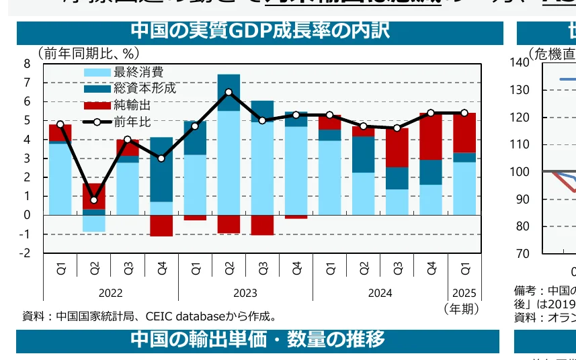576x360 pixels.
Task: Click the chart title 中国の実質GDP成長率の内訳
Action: pos(259,32)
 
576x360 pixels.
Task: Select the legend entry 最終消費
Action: pos(138,73)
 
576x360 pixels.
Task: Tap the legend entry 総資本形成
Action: pos(145,89)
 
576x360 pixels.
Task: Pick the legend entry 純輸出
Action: pos(132,105)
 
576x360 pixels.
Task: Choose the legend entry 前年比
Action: pos(132,122)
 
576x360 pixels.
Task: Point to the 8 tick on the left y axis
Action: pos(27,64)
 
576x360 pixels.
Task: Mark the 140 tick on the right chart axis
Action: pos(520,62)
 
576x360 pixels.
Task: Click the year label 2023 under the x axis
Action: pos(245,294)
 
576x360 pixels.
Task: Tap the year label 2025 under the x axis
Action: pos(464,294)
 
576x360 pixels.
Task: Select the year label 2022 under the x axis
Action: pos(110,294)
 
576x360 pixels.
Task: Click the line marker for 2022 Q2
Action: pos(94,200)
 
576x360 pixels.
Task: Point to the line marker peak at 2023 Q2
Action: pos(229,92)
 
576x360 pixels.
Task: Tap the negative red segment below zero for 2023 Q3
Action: pos(262,225)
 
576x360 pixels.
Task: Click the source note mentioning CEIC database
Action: pos(149,316)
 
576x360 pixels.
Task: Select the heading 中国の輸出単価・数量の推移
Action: pos(258,340)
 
